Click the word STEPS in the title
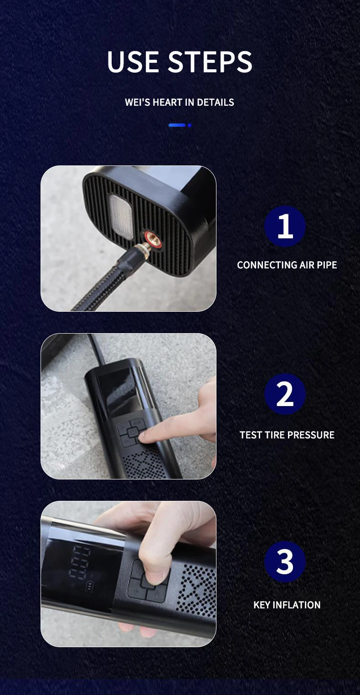click(x=211, y=62)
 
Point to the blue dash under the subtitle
click(x=177, y=125)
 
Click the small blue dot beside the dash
click(x=190, y=125)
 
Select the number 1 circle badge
click(x=285, y=226)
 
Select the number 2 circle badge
click(x=285, y=394)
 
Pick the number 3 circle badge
click(x=285, y=561)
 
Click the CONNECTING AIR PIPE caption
click(x=287, y=265)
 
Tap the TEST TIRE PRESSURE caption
click(x=287, y=435)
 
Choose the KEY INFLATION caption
click(x=287, y=605)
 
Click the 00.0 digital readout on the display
click(x=80, y=562)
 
